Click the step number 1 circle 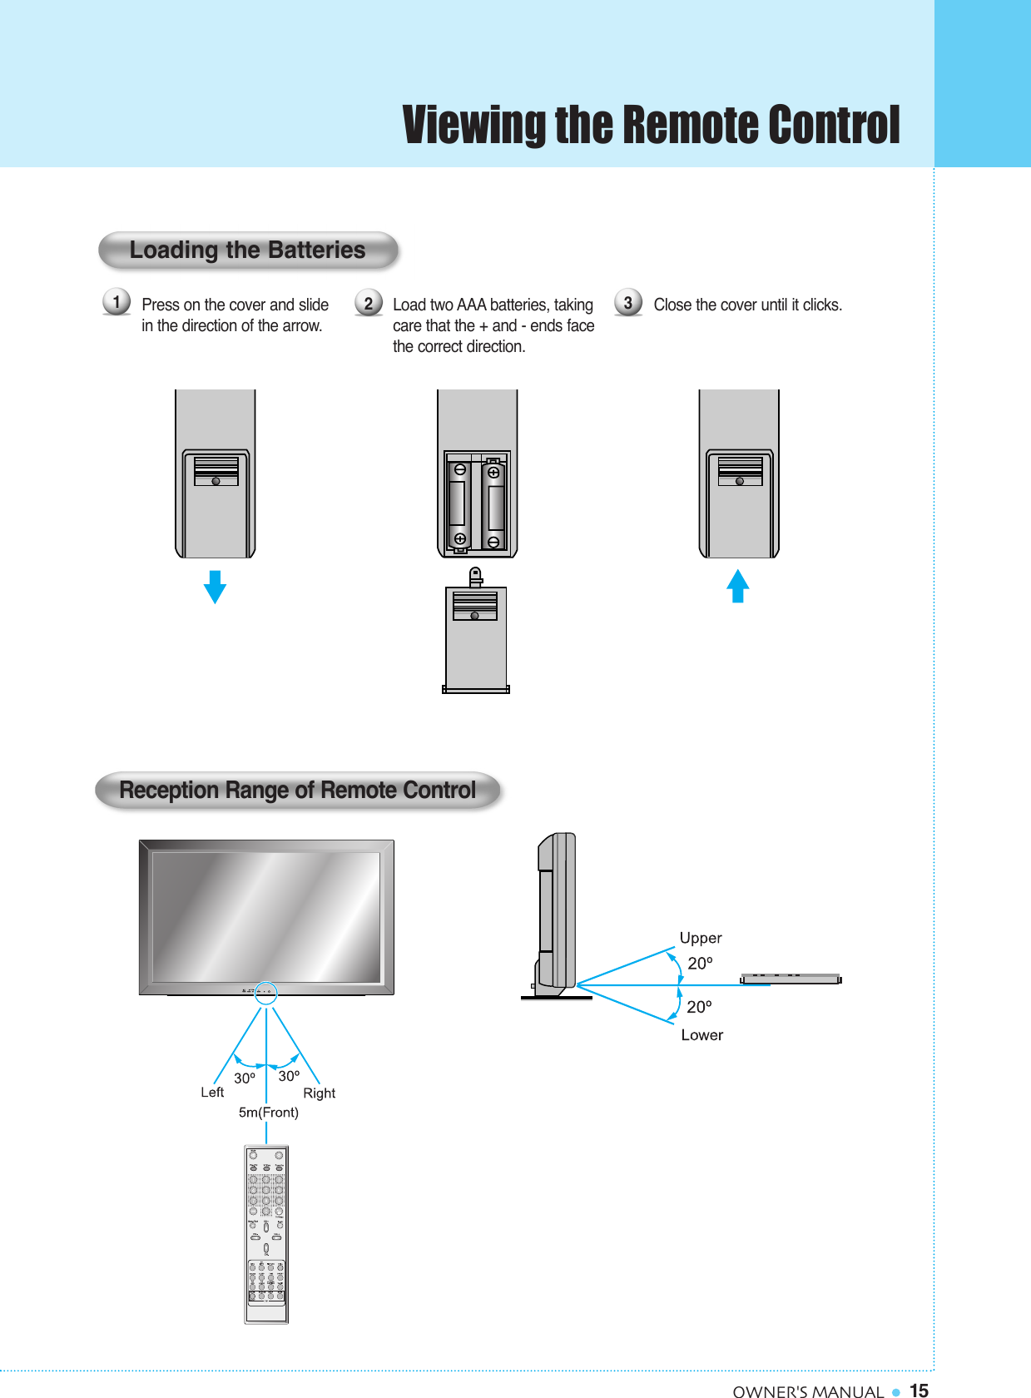tap(116, 301)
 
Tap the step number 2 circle tap(369, 303)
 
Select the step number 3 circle tap(628, 303)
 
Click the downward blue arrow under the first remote tap(215, 587)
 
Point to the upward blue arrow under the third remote tap(737, 586)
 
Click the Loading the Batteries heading tap(248, 250)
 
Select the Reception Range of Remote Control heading tap(298, 790)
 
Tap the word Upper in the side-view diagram tap(701, 938)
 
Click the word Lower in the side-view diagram tap(702, 1035)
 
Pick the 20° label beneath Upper tap(700, 964)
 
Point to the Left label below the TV tap(212, 1093)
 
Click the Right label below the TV tap(319, 1093)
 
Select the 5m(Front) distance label tap(268, 1113)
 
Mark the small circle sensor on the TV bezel tap(265, 992)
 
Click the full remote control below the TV tap(266, 1235)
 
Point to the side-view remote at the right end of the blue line tap(791, 979)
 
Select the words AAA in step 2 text tap(471, 305)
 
